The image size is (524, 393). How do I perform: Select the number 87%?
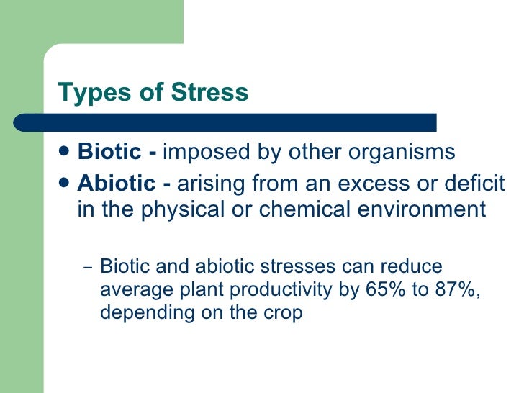[x=441, y=291]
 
